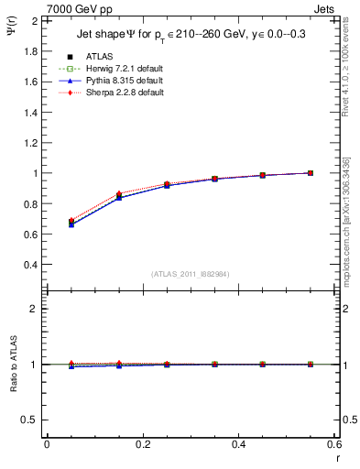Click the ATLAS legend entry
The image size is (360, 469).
pyautogui.click(x=101, y=57)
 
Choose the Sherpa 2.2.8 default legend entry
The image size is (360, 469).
pyautogui.click(x=120, y=93)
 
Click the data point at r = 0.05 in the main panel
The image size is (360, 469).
pyautogui.click(x=60, y=223)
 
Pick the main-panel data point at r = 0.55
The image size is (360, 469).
pyautogui.click(x=311, y=172)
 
